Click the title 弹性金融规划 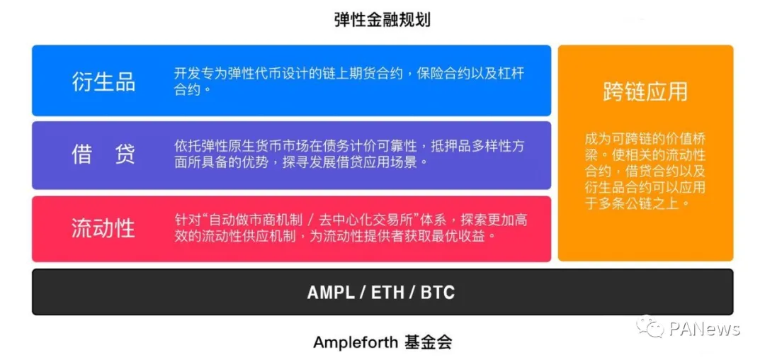(x=382, y=20)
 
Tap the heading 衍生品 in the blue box (x=103, y=81)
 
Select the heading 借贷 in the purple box (x=103, y=154)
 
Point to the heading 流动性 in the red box (x=103, y=227)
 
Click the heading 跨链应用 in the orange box (x=645, y=91)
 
